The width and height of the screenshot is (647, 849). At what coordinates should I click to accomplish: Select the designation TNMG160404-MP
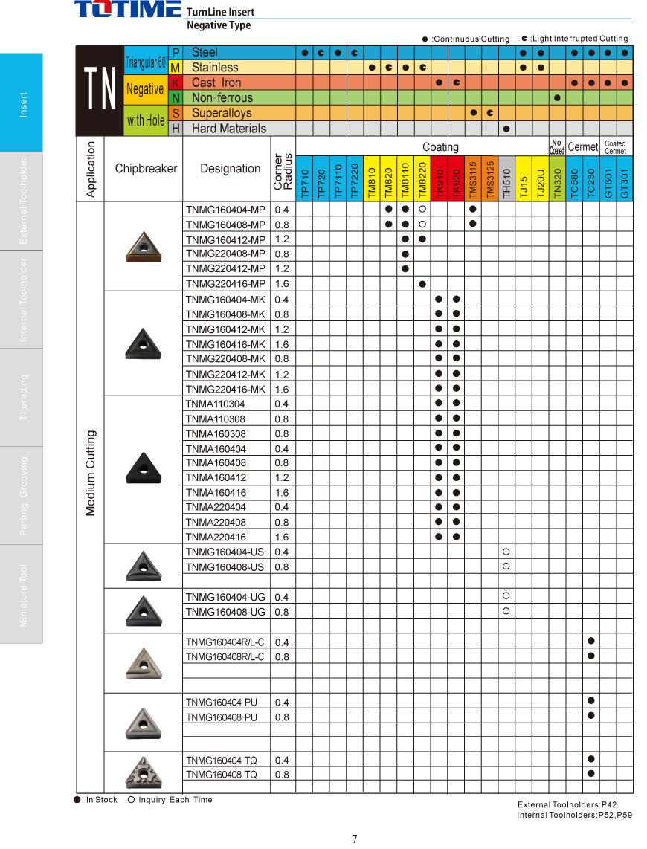[225, 210]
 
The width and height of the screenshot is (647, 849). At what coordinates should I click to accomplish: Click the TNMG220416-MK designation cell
[225, 390]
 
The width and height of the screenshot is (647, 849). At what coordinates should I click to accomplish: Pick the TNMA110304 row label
[215, 404]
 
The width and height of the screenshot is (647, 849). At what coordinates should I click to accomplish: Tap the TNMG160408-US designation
[225, 567]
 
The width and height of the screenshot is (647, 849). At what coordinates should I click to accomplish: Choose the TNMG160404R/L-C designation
[225, 642]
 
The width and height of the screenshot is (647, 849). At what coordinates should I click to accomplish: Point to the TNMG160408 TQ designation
[222, 775]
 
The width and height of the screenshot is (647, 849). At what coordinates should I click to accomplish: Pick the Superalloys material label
[222, 113]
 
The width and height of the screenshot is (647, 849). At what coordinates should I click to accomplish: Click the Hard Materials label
[228, 129]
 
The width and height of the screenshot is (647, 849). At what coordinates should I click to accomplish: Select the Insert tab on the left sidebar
[22, 103]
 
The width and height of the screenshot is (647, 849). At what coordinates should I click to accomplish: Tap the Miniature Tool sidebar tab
[22, 595]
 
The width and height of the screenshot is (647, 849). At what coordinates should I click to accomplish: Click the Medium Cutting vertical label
[91, 473]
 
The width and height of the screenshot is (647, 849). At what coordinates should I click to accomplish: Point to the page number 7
[355, 839]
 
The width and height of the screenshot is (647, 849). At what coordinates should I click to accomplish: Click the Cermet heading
[583, 146]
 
